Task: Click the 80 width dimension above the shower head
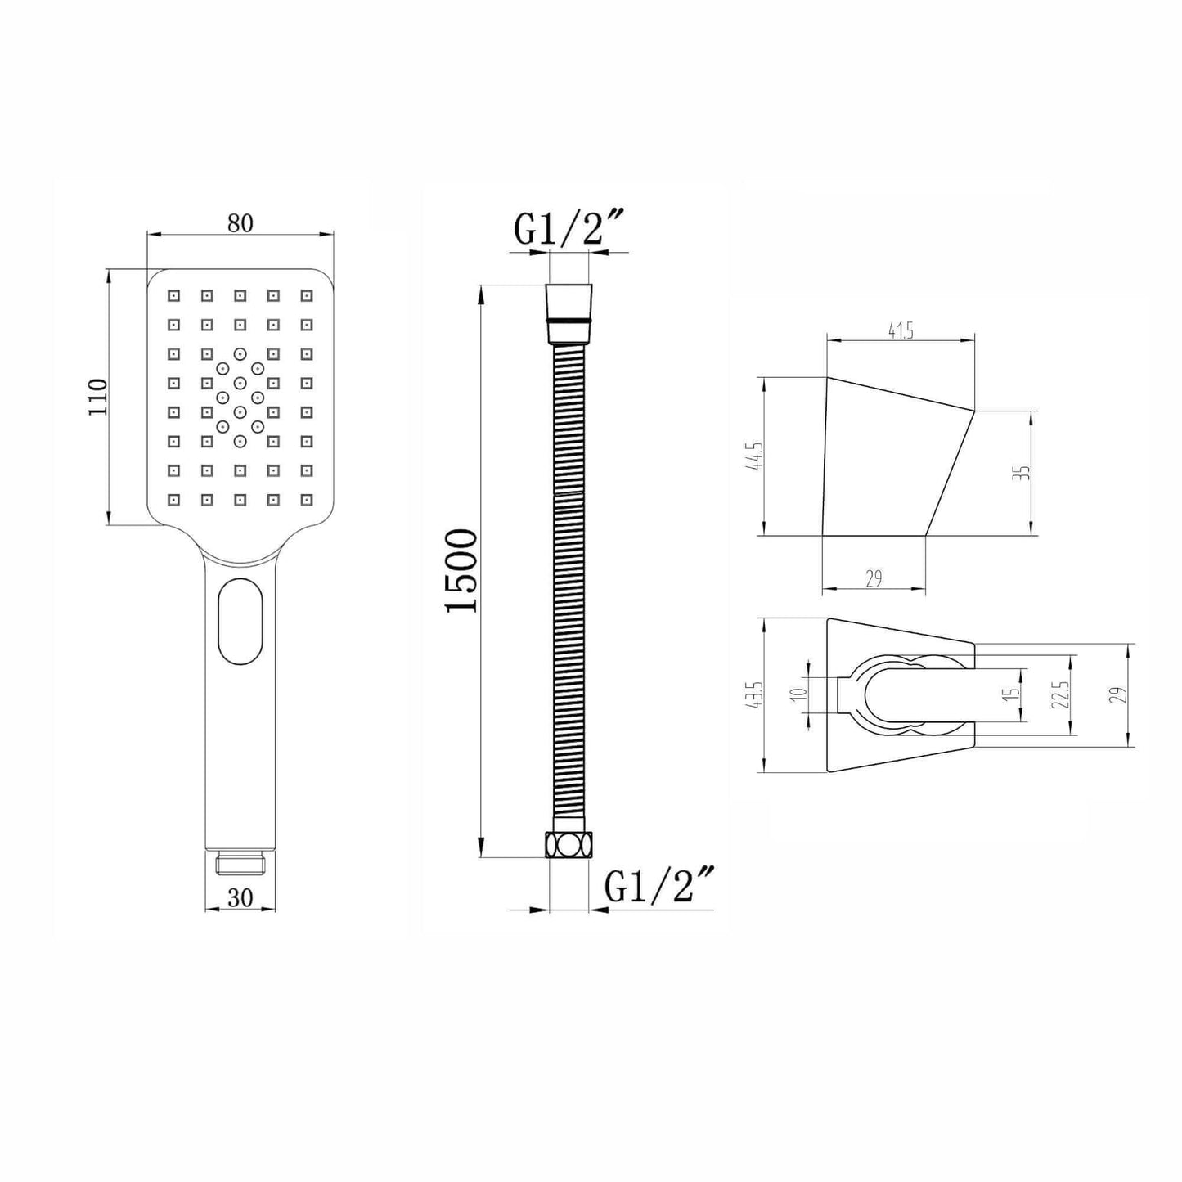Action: pyautogui.click(x=240, y=223)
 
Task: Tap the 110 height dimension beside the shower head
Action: pyautogui.click(x=97, y=397)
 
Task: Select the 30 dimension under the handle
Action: pyautogui.click(x=240, y=897)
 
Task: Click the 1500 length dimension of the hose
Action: pyautogui.click(x=461, y=570)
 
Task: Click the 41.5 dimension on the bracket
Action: pyautogui.click(x=901, y=331)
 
